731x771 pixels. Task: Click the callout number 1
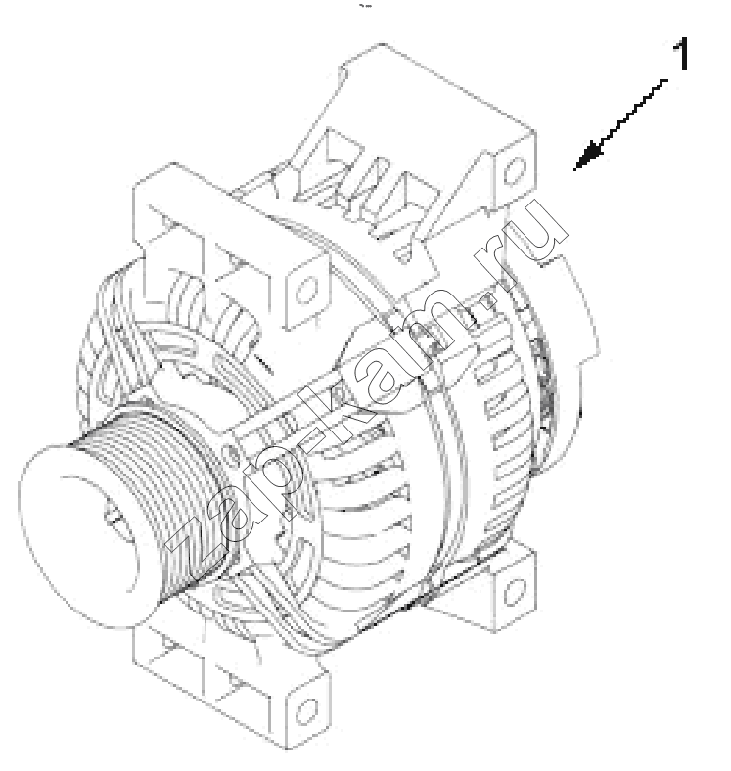681,54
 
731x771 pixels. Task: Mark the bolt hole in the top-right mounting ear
514,169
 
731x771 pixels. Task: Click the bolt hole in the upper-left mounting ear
306,290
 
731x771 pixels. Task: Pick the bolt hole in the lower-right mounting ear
515,591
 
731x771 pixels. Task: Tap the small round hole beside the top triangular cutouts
402,254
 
